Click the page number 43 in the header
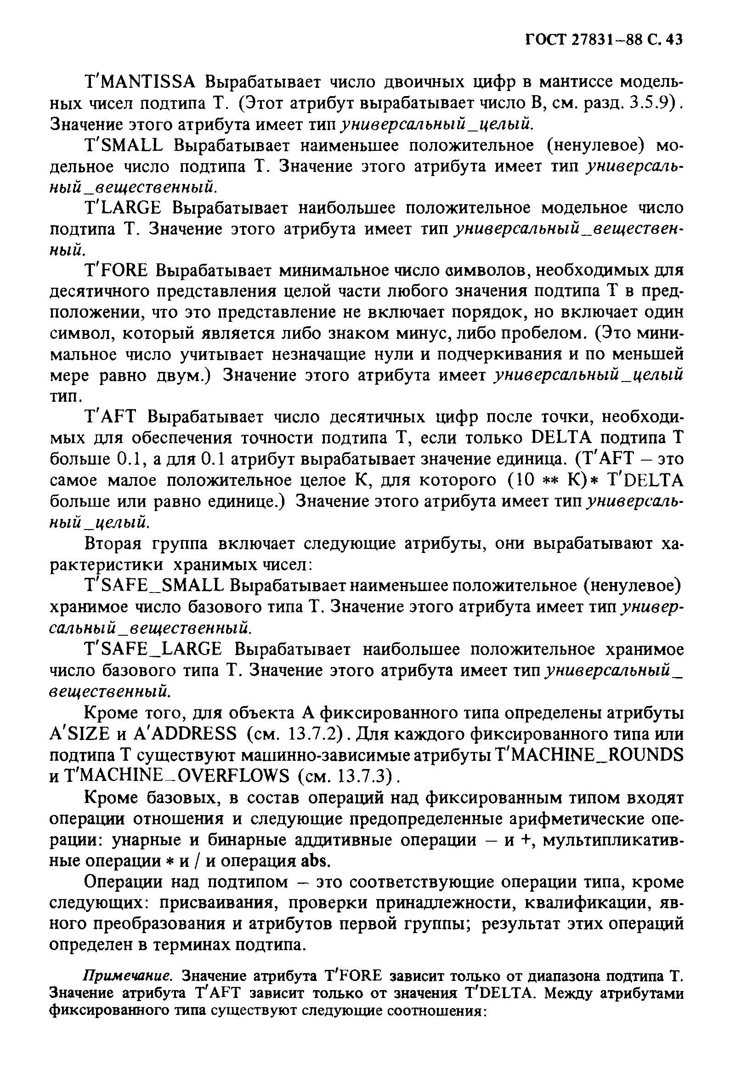[673, 40]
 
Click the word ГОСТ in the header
[545, 40]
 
